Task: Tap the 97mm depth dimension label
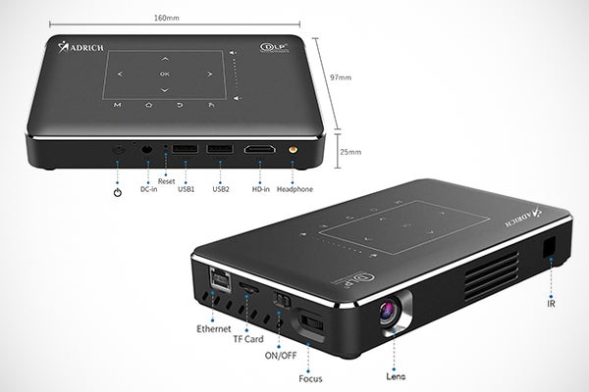(342, 77)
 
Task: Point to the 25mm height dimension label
(350, 153)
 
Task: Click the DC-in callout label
(148, 189)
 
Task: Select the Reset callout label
(166, 181)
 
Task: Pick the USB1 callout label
(186, 189)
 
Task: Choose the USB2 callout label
(221, 189)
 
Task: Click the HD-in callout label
(261, 189)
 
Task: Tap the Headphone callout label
(294, 189)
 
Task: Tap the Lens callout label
(398, 374)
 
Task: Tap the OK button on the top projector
(164, 73)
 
